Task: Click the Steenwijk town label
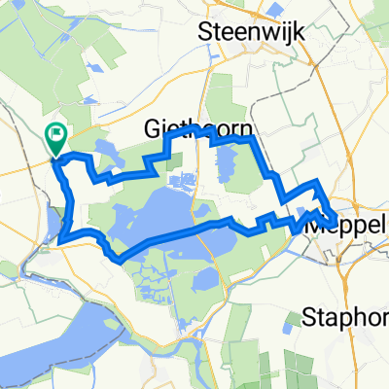click(x=250, y=32)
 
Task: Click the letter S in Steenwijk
click(x=204, y=32)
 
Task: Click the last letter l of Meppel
click(x=382, y=224)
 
